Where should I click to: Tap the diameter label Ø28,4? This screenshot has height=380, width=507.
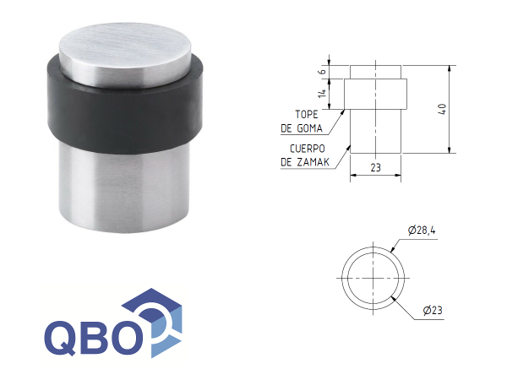tap(421, 229)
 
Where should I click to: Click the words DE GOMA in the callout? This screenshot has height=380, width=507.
tap(300, 129)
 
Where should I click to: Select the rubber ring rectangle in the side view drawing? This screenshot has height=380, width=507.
tap(376, 93)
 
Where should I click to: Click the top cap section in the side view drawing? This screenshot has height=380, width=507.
tap(376, 72)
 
